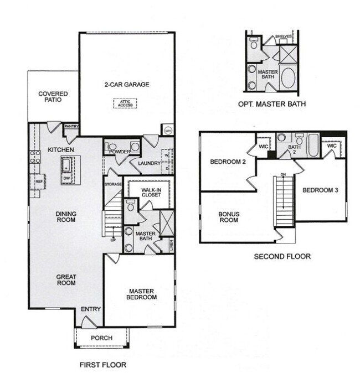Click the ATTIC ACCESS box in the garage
[125, 103]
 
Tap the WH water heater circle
[168, 131]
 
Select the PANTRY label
[71, 126]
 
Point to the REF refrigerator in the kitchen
[39, 181]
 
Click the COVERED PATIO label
[53, 97]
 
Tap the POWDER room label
[120, 151]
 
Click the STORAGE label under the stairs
[112, 184]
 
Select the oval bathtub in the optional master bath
[289, 78]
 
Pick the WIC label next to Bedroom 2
[264, 147]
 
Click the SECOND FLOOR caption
[282, 256]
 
